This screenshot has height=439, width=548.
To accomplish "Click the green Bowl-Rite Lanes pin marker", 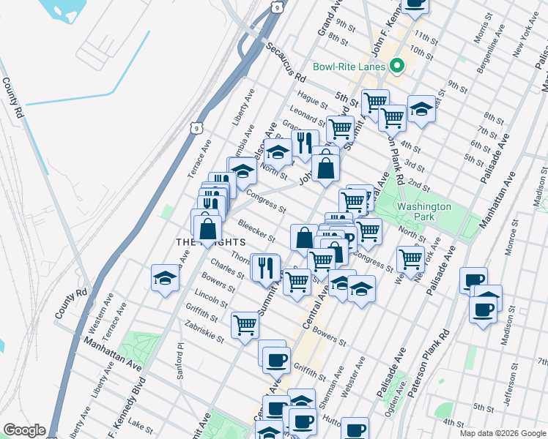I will tap(398, 67).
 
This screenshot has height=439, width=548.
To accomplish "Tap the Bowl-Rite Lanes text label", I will tap(349, 67).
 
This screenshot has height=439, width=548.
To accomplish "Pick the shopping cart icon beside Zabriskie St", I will tap(245, 324).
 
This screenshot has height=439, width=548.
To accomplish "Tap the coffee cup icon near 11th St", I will tap(415, 4).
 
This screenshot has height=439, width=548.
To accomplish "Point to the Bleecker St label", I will tap(256, 230).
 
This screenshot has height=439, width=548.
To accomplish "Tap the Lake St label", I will tap(134, 423).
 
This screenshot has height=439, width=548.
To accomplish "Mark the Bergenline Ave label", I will tap(489, 45).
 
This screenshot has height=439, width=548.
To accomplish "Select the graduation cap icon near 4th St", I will tap(421, 110).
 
